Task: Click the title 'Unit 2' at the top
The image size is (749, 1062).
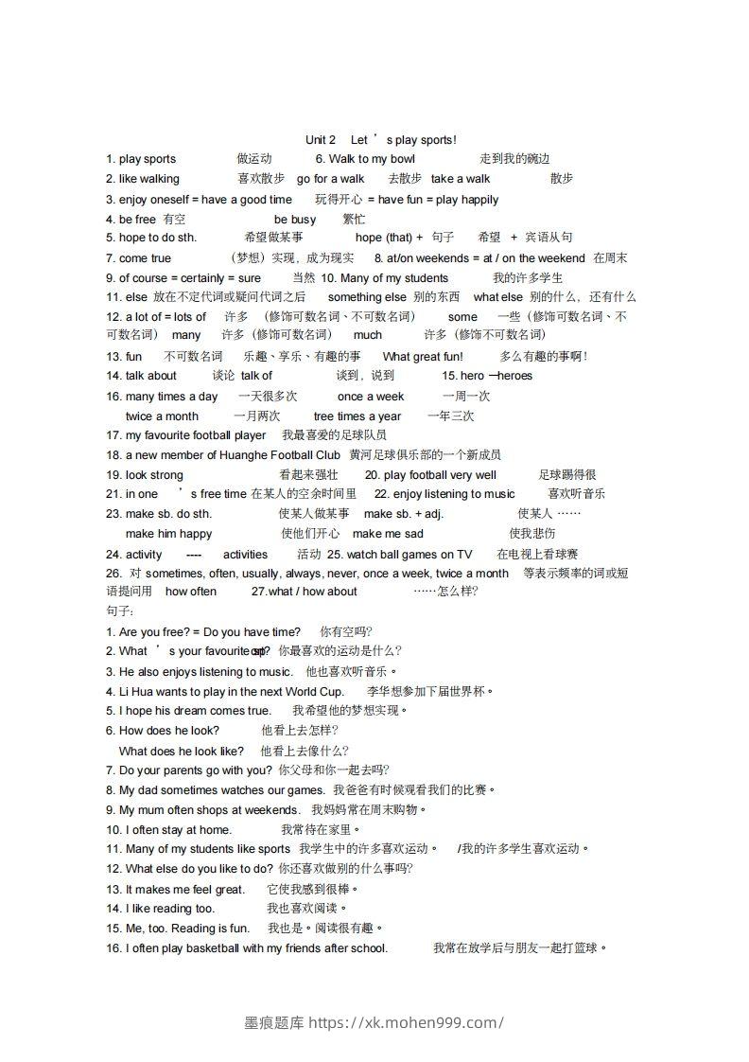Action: (x=321, y=140)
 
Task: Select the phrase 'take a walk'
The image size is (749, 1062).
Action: (x=461, y=179)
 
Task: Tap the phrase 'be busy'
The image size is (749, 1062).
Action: (x=295, y=220)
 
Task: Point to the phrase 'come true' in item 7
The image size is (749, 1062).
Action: (x=146, y=258)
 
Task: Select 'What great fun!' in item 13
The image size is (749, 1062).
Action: (x=423, y=357)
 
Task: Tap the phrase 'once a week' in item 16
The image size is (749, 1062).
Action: (x=371, y=397)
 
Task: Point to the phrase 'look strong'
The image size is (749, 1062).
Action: (x=154, y=475)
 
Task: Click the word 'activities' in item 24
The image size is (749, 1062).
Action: (x=245, y=555)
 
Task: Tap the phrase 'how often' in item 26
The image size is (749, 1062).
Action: (x=191, y=592)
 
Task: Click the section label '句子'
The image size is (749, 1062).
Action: (x=119, y=611)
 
